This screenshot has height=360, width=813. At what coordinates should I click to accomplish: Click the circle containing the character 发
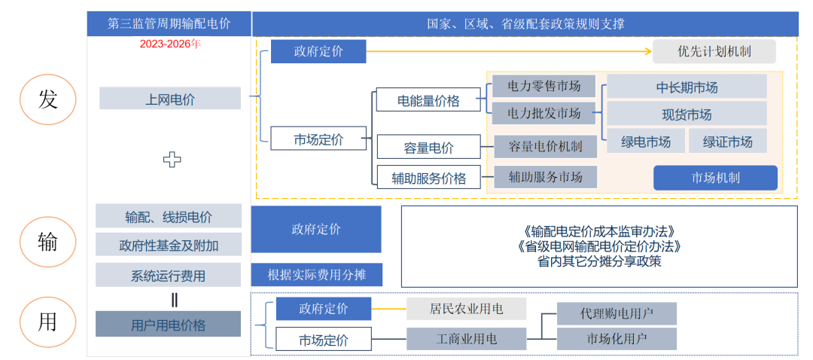coord(47,99)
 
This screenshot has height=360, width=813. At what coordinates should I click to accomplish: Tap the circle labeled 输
coord(47,242)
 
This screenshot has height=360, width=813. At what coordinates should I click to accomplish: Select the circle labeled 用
coord(47,322)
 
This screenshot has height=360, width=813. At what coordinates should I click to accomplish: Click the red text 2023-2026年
coord(170,44)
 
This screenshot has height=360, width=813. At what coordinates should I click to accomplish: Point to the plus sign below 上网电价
coord(172,159)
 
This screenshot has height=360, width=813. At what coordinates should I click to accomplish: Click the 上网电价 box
coord(170,98)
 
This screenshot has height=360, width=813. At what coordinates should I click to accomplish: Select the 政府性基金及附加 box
coord(169,245)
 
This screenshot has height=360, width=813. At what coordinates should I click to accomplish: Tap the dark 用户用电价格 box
coord(168,325)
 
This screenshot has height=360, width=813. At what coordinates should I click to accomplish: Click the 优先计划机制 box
coord(714,52)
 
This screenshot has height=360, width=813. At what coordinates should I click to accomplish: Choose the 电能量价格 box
coord(428,101)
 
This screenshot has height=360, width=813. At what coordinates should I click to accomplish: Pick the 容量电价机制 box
coord(545,146)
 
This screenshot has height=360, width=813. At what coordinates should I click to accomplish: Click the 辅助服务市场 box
coord(545,177)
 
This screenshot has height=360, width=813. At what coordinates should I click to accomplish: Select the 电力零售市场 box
coord(544,86)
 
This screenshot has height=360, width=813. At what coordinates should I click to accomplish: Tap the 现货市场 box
coord(687,114)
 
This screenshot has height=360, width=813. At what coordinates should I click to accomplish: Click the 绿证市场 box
coord(727,142)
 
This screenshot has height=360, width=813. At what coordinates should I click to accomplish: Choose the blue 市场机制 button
coord(715,178)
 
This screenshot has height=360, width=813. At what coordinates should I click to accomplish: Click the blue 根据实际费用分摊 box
coord(315,275)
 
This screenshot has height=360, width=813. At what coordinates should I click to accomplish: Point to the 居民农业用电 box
coord(466,309)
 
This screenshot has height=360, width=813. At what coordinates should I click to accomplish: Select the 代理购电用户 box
coord(617,313)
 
